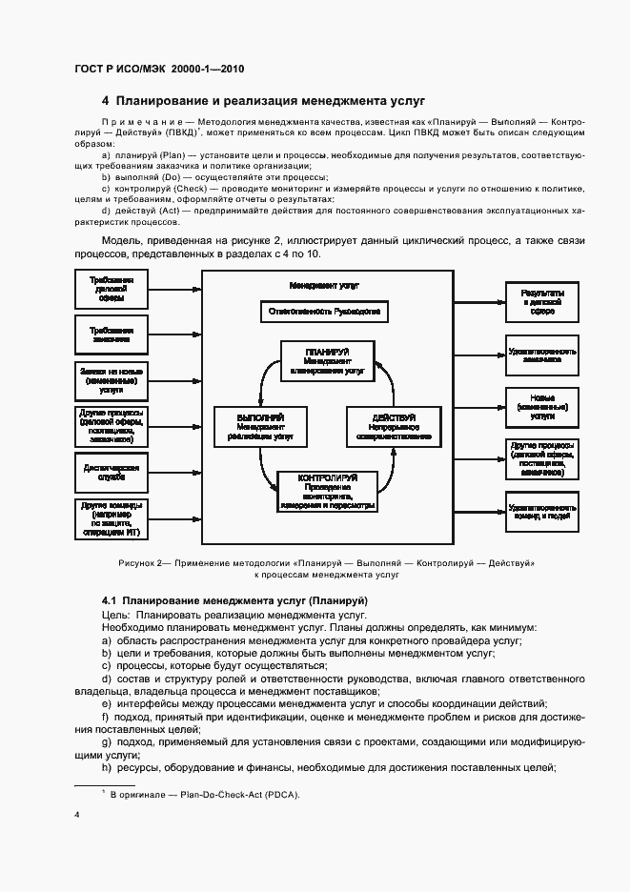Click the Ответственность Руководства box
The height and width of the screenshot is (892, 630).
[x=324, y=312]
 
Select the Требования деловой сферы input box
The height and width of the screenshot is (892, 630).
[x=110, y=290]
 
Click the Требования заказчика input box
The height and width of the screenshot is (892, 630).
[x=110, y=335]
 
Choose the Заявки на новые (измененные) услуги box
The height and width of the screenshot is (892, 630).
[x=110, y=380]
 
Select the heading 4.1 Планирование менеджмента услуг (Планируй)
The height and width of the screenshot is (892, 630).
[x=234, y=600]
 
